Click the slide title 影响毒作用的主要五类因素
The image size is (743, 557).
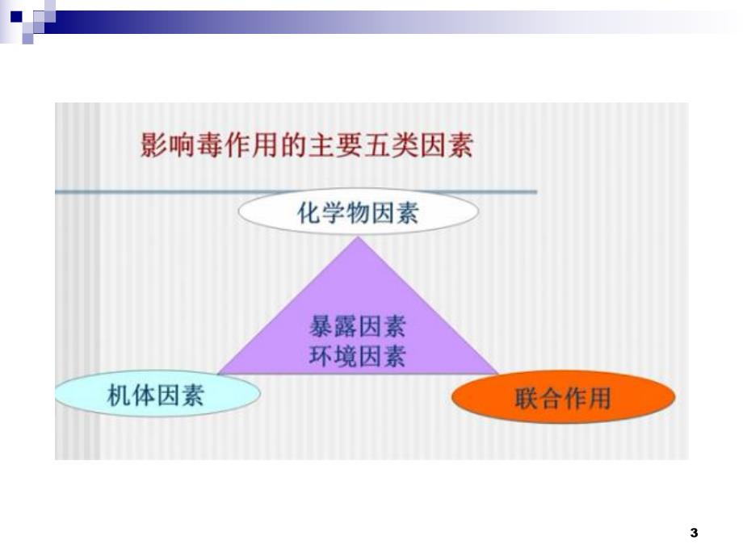tap(306, 146)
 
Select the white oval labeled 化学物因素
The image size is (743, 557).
tap(359, 213)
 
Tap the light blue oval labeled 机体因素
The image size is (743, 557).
tap(157, 396)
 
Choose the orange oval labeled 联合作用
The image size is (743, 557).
tap(563, 398)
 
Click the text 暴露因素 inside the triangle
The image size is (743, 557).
tap(358, 328)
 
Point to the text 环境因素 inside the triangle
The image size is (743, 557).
tap(358, 356)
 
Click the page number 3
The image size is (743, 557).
tap(694, 533)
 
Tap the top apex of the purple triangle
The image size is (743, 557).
tap(359, 237)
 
